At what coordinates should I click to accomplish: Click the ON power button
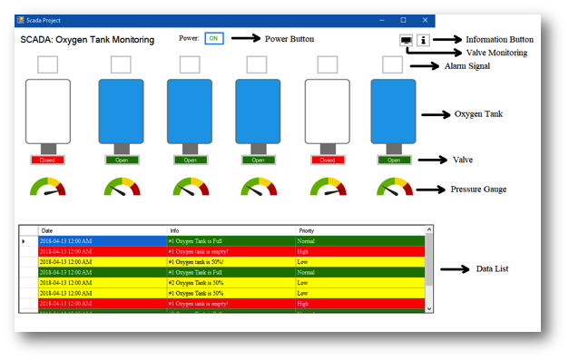coord(213,38)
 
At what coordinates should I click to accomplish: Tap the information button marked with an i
coord(423,40)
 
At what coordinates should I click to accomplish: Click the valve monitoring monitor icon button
coord(405,40)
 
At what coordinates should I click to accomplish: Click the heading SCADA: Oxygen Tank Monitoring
coord(87,40)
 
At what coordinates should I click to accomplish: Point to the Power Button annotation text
coord(289,38)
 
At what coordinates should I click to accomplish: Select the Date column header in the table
coord(47,230)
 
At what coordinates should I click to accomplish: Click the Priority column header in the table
coord(307,230)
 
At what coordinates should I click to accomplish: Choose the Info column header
coord(174,230)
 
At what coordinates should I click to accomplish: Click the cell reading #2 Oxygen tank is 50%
coord(196,282)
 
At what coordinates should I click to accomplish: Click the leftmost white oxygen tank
coord(47,111)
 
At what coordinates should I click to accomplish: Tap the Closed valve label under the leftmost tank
coord(47,160)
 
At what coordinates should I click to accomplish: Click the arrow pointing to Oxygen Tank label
coord(436,114)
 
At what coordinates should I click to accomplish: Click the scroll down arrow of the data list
coord(429,308)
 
